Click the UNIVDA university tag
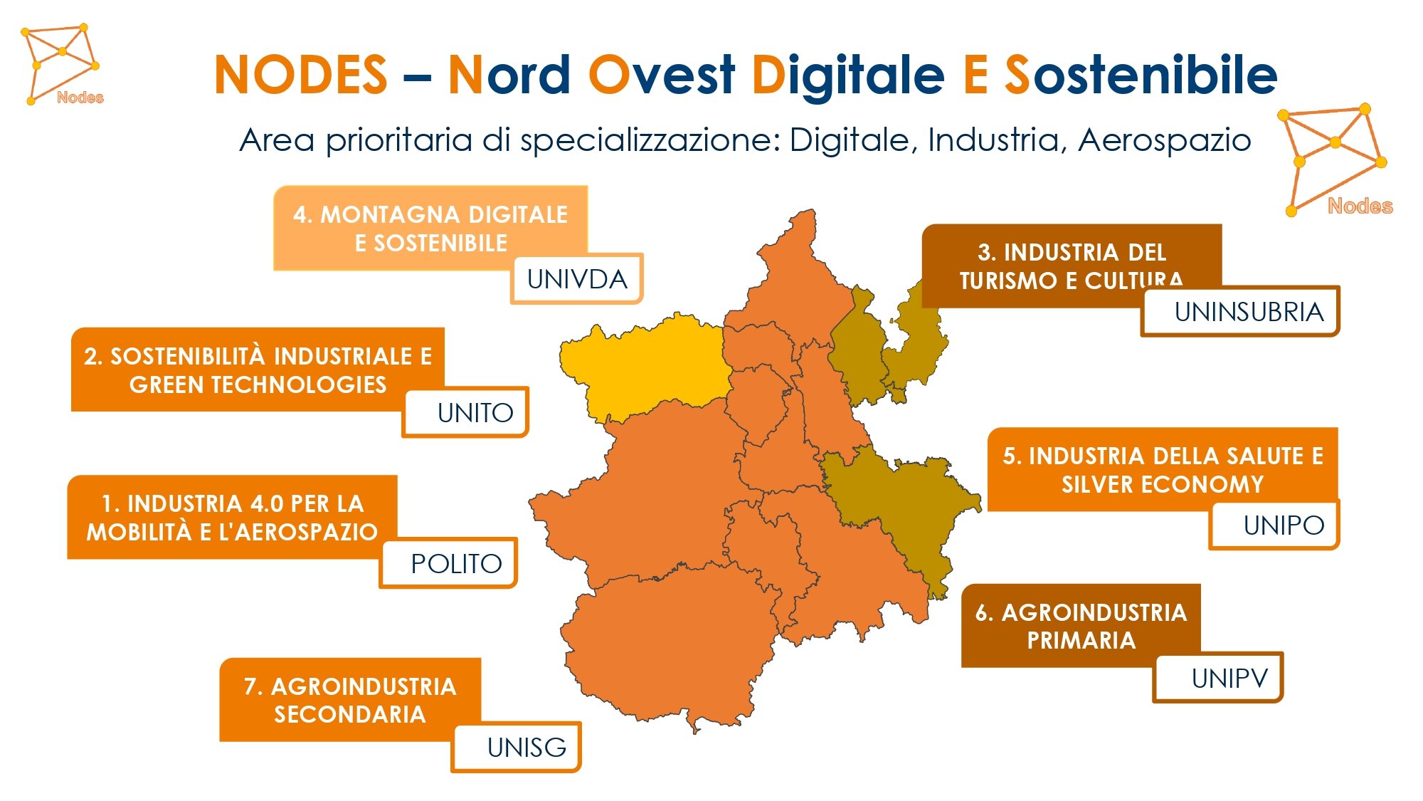point(577,278)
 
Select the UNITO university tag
point(465,412)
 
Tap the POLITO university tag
point(448,563)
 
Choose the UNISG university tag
point(516,747)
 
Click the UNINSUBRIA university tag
point(1240,311)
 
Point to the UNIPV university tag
point(1218,678)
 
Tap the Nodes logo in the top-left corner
point(63,64)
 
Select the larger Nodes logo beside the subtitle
point(1334,161)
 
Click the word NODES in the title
point(300,75)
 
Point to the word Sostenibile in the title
point(1141,75)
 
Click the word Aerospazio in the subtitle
point(1165,140)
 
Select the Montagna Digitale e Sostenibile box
point(430,228)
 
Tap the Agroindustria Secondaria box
point(350,699)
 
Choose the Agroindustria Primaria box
point(1081,625)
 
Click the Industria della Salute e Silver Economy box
point(1163,469)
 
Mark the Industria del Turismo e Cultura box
point(1072,266)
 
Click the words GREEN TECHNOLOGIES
point(258,384)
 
